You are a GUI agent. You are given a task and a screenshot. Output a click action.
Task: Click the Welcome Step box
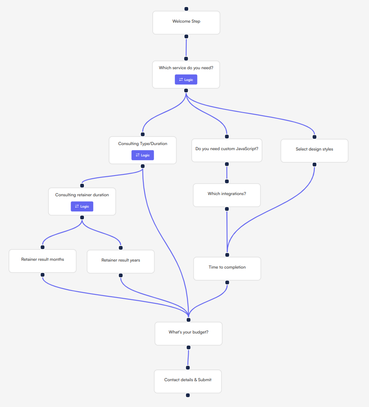[186, 22]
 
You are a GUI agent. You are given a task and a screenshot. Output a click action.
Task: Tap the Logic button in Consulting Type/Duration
[143, 155]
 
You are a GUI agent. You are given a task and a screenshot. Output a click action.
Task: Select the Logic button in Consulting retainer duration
[82, 206]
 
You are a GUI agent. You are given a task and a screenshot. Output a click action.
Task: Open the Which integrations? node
[227, 195]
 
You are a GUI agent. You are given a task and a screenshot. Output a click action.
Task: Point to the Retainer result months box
[43, 261]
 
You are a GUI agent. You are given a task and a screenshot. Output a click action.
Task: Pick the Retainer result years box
[121, 261]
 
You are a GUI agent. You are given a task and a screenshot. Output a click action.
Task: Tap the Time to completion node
[227, 268]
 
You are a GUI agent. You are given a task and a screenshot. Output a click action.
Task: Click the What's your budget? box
[189, 333]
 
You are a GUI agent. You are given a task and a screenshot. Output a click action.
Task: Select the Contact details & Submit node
[188, 381]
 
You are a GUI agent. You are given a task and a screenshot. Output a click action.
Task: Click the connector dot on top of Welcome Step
[186, 9]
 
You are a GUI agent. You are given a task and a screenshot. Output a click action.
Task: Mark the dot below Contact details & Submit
[188, 395]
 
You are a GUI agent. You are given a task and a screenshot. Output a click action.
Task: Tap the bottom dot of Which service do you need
[186, 91]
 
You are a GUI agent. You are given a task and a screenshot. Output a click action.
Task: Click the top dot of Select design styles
[314, 137]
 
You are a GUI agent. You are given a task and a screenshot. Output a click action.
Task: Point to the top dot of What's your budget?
[189, 320]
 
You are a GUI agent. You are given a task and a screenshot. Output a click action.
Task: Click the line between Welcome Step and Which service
[186, 47]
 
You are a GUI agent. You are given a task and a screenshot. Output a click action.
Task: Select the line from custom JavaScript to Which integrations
[227, 173]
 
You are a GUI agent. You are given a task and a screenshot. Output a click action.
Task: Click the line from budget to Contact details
[188, 357]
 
